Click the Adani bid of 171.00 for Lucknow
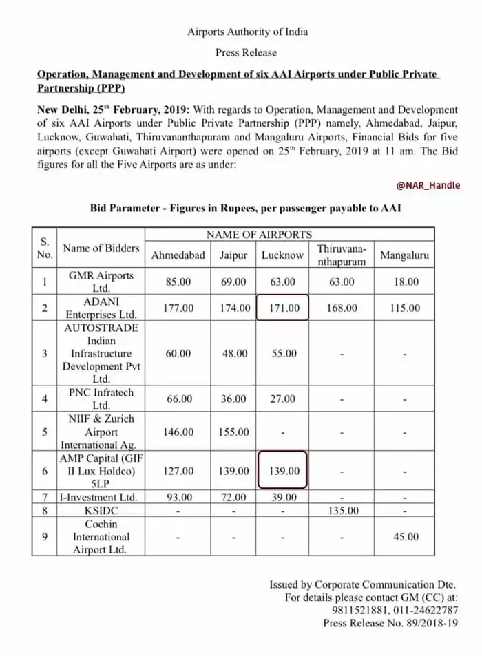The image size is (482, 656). tap(282, 308)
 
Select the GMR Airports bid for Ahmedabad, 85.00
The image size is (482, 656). tap(178, 282)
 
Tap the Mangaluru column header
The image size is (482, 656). tap(404, 255)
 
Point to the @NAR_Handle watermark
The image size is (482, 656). tap(428, 186)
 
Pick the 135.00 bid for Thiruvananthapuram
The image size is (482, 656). tap(341, 511)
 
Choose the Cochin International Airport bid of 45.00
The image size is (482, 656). tap(404, 537)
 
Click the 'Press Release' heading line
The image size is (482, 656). tap(247, 52)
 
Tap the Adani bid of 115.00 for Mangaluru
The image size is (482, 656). tap(404, 308)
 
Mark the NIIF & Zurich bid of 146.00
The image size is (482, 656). tap(178, 432)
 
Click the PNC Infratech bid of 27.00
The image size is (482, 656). tap(282, 399)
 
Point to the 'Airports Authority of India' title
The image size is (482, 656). tap(247, 32)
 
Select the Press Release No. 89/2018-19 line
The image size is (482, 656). tap(390, 623)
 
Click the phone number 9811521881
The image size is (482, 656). tap(350, 610)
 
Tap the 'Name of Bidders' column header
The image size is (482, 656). tap(101, 248)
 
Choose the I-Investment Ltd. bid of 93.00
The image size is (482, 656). tap(178, 497)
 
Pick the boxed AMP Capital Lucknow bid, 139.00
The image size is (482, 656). tap(282, 472)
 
